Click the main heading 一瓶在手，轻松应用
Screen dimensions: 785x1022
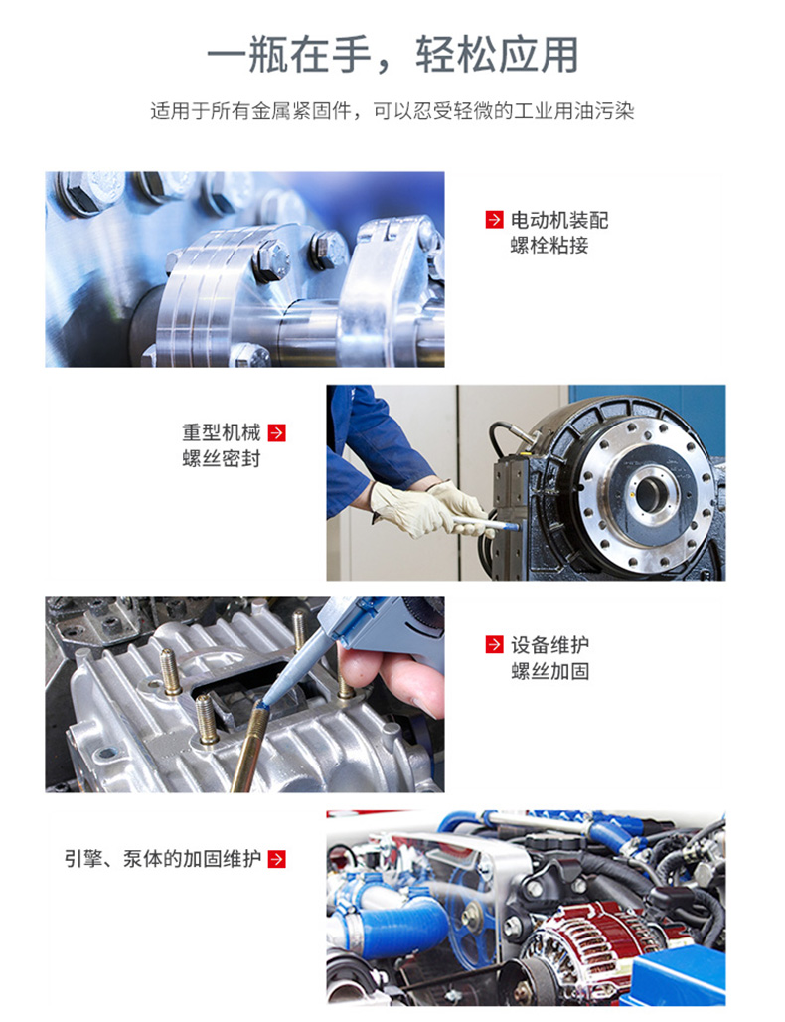pos(392,54)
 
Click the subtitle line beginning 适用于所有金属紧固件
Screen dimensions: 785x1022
pos(392,111)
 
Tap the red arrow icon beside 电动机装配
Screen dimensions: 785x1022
pos(495,220)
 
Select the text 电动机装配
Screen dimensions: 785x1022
pos(559,220)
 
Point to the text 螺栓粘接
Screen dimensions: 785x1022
pos(549,246)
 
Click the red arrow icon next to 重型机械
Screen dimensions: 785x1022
pos(277,432)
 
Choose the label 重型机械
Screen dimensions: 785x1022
pos(222,432)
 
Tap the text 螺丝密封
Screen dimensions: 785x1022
pos(222,459)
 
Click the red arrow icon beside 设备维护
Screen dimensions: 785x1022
pos(495,644)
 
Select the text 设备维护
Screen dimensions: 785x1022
pos(549,644)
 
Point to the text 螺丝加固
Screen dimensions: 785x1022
pos(549,671)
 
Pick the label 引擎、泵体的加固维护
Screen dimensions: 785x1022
pos(162,858)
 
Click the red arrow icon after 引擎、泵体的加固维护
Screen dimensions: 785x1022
pos(277,859)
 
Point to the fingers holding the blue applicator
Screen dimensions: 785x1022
pos(391,678)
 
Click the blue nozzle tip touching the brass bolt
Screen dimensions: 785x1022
pos(261,704)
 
